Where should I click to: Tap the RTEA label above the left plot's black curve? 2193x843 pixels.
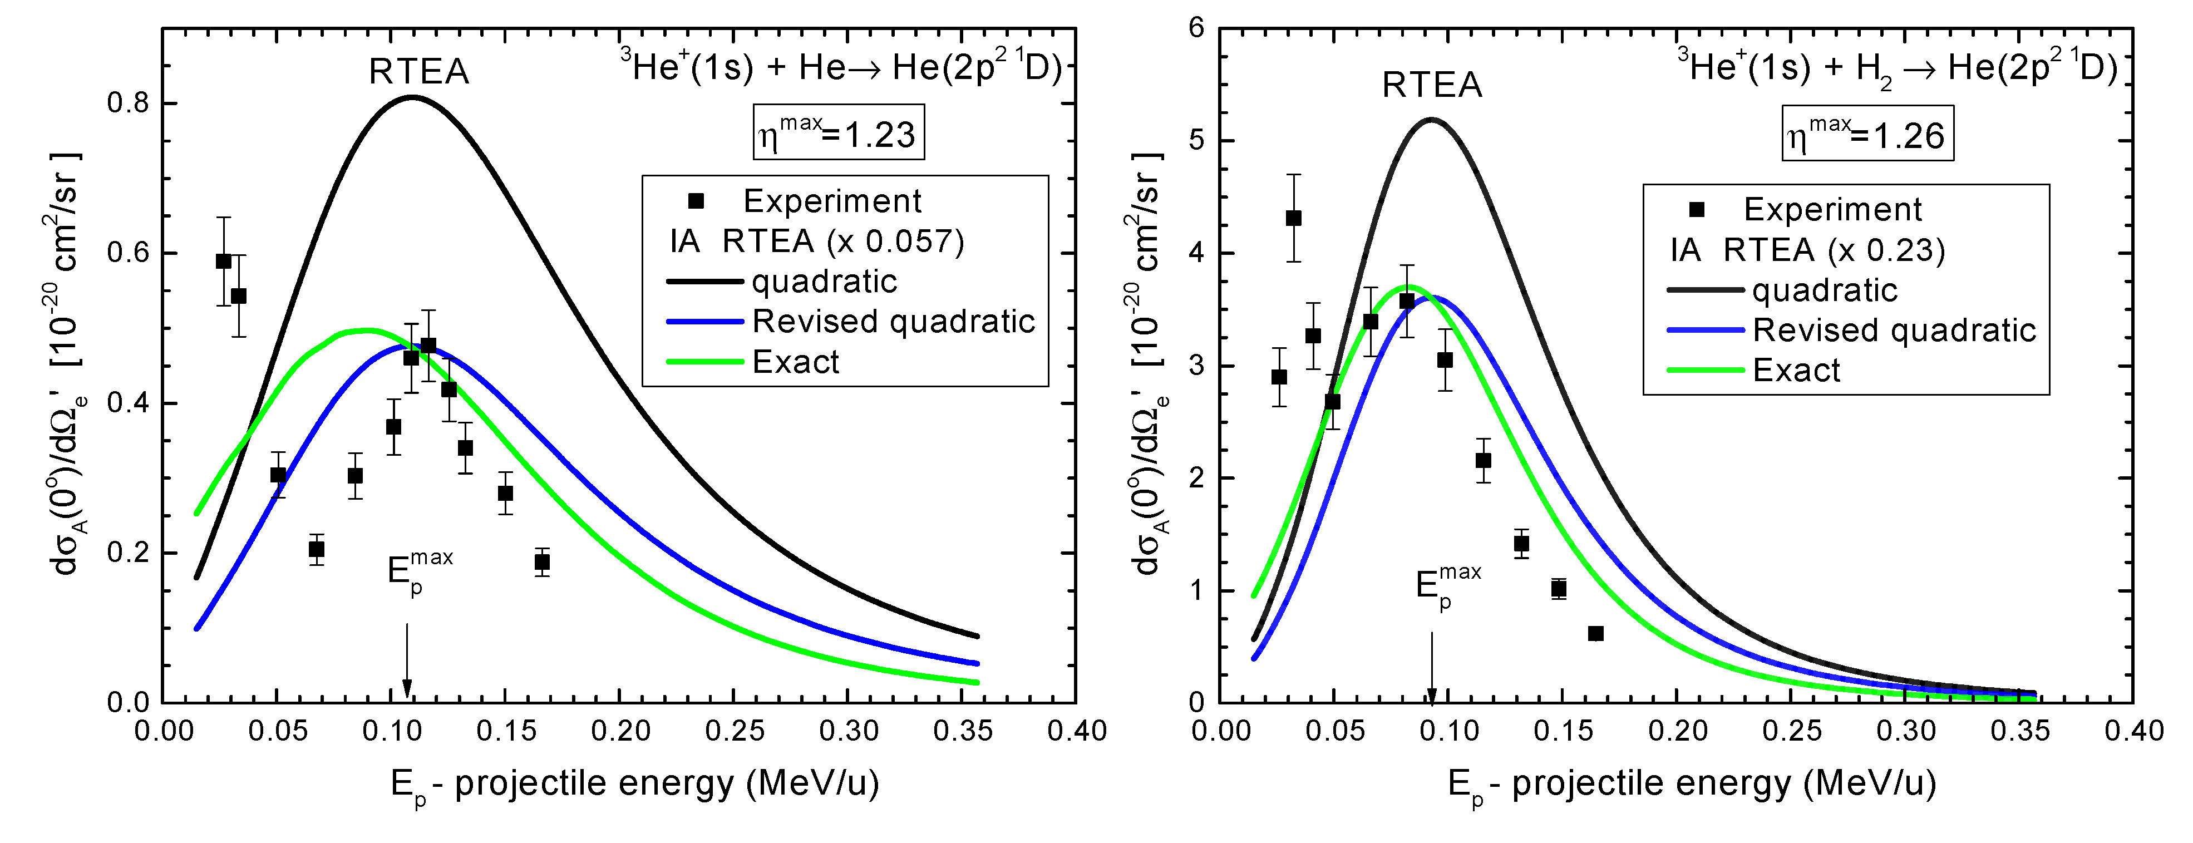419,72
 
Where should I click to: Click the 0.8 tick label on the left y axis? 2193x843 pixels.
127,103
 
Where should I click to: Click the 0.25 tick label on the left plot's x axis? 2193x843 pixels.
734,731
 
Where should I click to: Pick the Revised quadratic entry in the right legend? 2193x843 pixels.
1894,331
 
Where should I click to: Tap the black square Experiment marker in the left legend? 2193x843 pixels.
696,201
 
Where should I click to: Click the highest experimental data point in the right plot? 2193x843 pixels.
1293,218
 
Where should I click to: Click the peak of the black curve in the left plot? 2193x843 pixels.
412,97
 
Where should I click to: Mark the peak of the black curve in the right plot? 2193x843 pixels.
1431,119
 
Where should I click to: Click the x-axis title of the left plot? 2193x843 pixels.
634,784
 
